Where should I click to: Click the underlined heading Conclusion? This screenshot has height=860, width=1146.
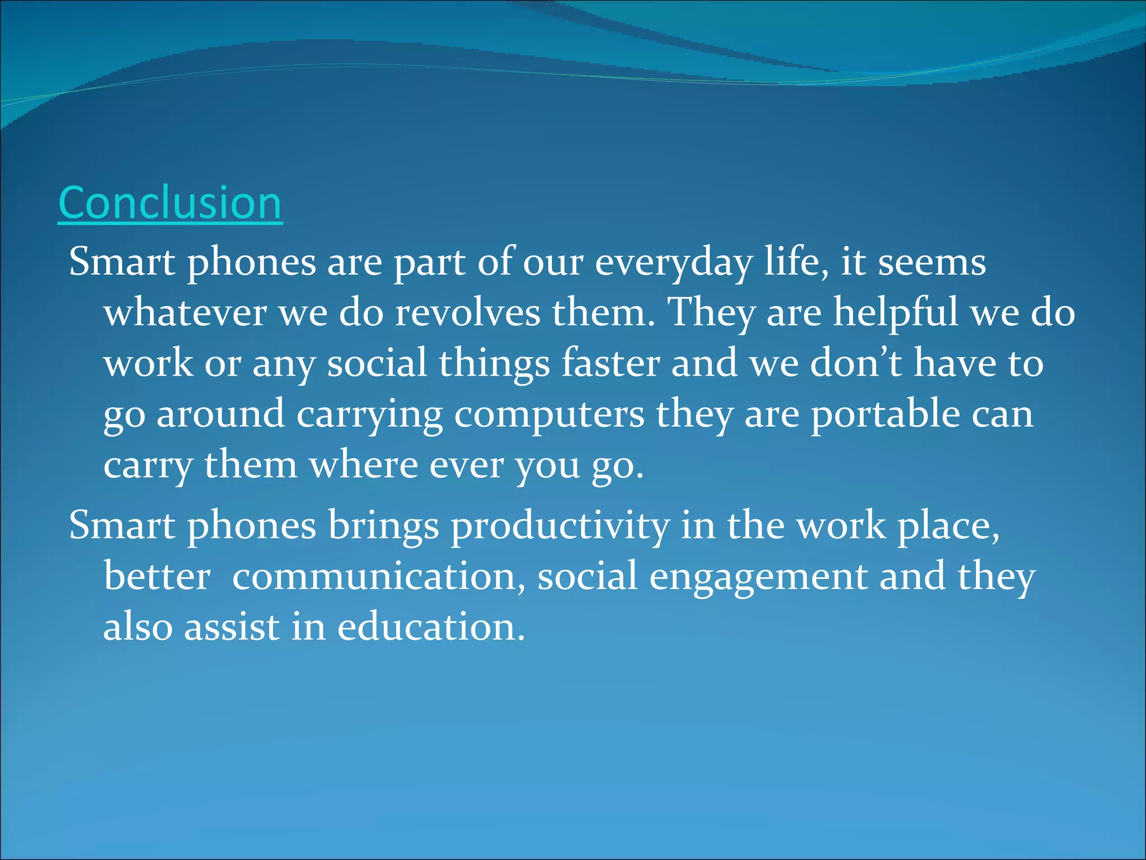170,203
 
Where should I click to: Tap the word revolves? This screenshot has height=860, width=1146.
468,312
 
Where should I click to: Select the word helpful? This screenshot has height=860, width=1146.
895,312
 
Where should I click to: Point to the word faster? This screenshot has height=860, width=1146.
610,363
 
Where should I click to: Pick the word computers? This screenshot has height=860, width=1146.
549,414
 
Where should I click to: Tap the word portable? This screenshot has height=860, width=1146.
886,414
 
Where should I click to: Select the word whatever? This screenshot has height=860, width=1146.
185,312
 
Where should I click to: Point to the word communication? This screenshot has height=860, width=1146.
379,576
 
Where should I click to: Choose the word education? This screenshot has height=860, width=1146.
431,627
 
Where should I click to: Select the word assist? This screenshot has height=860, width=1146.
232,627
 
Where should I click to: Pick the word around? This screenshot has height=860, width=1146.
220,414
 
